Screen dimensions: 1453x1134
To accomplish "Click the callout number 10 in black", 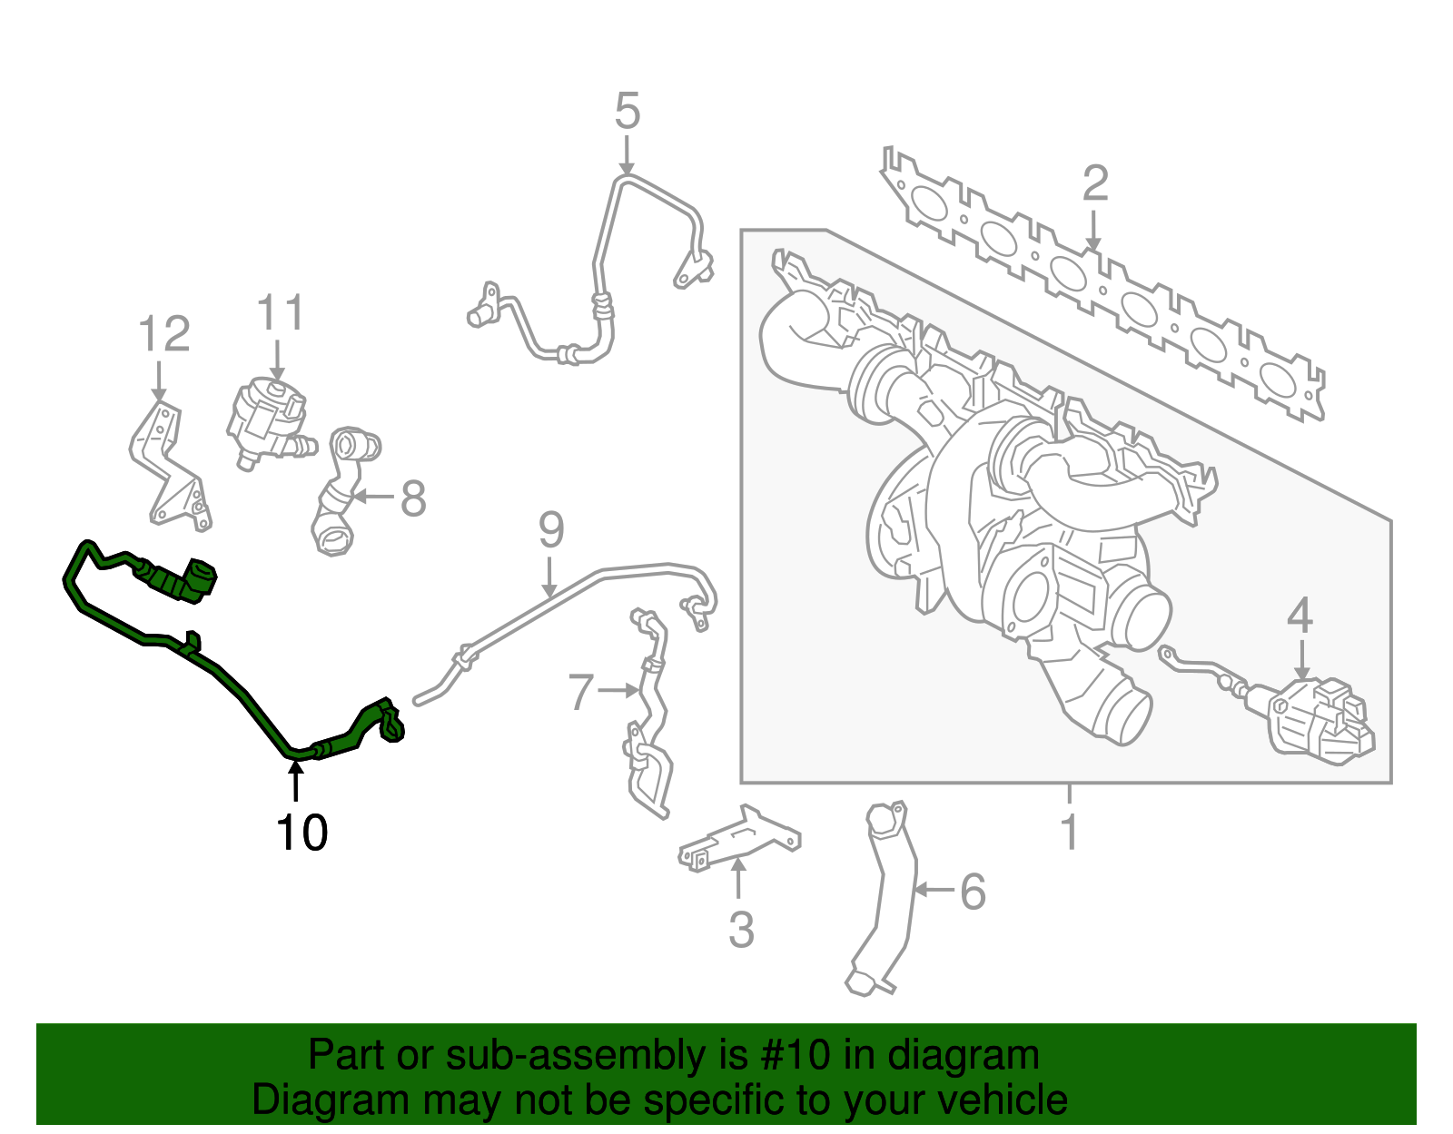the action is pos(301,833).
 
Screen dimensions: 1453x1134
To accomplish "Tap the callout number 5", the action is pos(628,111).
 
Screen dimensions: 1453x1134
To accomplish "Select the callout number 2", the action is pos(1095,183).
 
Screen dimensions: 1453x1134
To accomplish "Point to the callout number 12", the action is pos(163,334).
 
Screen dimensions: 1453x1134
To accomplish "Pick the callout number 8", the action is pos(413,498).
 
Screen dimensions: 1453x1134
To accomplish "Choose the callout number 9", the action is pos(551,530).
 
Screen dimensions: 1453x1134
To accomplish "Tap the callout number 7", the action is pos(580,692).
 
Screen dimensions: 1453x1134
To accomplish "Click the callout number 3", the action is pos(741,930).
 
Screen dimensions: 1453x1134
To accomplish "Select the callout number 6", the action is pos(973,892).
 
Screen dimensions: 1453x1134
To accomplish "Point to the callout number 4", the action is pos(1300,616).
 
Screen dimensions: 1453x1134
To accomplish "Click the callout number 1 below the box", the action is pos(1070,832).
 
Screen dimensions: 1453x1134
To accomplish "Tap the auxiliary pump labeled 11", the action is pos(269,423).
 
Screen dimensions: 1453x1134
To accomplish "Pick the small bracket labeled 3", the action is pos(739,839).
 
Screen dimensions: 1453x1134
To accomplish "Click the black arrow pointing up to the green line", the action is pos(295,781).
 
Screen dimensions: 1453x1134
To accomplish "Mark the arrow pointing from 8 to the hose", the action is pos(373,497).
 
